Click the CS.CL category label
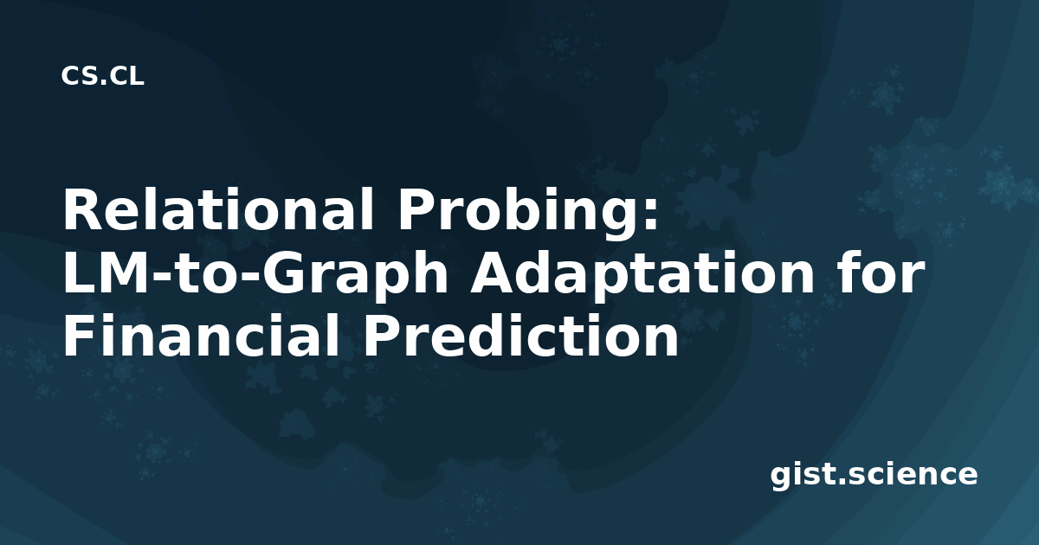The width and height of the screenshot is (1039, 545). [x=102, y=76]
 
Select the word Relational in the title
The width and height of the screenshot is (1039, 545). [x=219, y=209]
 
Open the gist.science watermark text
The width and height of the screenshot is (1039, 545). [x=874, y=475]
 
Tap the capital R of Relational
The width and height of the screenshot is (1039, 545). [x=82, y=209]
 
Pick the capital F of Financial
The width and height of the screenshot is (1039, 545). [x=79, y=336]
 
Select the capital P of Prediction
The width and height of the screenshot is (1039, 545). [x=381, y=336]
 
